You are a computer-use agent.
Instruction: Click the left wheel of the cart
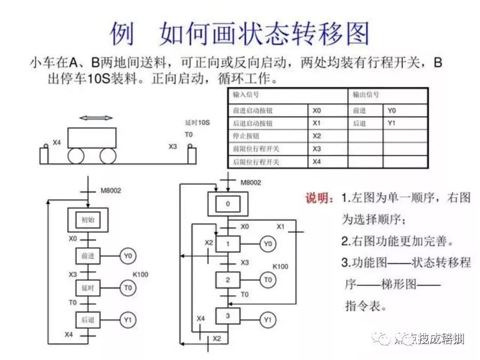76,155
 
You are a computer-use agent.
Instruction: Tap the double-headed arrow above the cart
96,118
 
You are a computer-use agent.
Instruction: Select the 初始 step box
87,219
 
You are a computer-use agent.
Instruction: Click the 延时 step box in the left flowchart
87,288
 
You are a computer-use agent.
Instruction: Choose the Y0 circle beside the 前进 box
127,257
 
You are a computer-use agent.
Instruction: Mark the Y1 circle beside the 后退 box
127,320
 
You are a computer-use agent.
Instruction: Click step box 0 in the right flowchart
228,204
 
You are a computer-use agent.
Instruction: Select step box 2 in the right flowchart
228,279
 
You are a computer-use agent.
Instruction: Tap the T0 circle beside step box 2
268,279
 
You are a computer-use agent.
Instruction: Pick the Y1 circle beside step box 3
268,319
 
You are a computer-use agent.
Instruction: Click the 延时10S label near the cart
197,123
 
